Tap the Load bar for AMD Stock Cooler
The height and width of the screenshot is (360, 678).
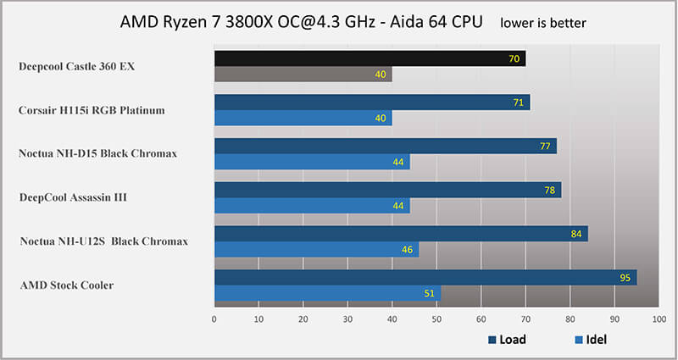coord(425,278)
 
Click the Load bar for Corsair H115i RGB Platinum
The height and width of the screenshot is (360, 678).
coord(372,102)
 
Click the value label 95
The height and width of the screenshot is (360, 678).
coord(625,278)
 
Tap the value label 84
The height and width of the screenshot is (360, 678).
coord(576,234)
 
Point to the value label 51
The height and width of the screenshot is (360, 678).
coord(430,293)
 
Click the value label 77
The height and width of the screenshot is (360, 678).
coord(546,146)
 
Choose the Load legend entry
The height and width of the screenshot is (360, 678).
coord(507,340)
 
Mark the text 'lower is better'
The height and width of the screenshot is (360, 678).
coord(542,21)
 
